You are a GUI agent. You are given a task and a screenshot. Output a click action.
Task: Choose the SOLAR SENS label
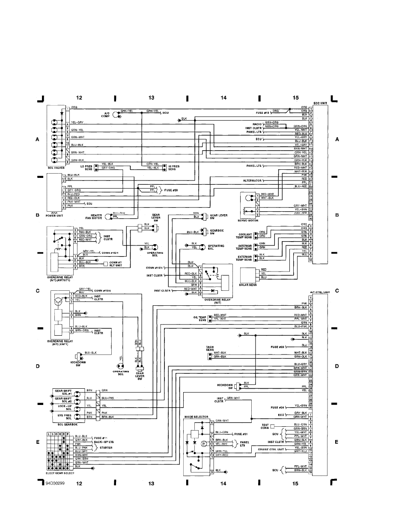coord(248,284)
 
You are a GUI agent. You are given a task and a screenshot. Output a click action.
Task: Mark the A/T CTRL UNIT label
coord(320,292)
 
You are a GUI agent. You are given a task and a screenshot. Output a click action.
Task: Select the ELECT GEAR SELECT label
coord(60,473)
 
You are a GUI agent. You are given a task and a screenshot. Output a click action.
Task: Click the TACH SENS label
coord(210,348)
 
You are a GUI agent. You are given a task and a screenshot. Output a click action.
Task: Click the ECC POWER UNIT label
coord(55,214)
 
